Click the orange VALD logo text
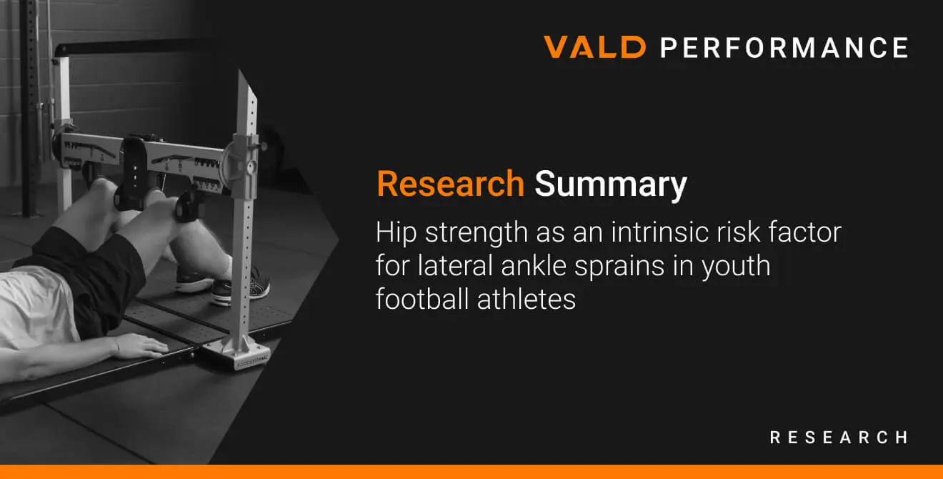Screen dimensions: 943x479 (594, 46)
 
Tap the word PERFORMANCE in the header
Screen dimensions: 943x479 (784, 47)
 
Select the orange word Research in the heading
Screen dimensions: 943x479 (451, 184)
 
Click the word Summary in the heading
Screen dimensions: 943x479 (611, 185)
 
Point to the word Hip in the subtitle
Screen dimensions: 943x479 (396, 233)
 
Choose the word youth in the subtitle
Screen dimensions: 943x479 (737, 267)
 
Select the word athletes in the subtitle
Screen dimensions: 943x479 (527, 299)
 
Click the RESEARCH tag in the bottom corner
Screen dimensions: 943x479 (839, 438)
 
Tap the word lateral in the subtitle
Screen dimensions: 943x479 (454, 265)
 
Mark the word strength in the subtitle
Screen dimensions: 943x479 (476, 233)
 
